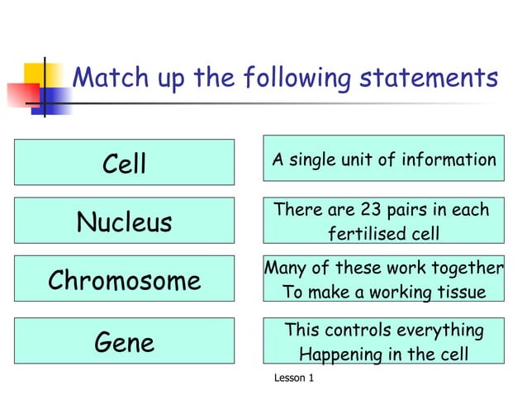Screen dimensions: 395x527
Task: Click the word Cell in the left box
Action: pos(124,163)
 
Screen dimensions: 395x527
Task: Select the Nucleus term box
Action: pos(124,221)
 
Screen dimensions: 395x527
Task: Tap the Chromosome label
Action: pos(124,280)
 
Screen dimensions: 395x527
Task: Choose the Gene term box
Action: pos(124,341)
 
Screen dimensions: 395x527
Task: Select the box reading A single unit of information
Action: pos(383,160)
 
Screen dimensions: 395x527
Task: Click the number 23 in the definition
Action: pos(378,210)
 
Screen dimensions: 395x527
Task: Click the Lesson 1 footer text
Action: pos(293,378)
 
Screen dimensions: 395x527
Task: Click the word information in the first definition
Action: pos(449,160)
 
